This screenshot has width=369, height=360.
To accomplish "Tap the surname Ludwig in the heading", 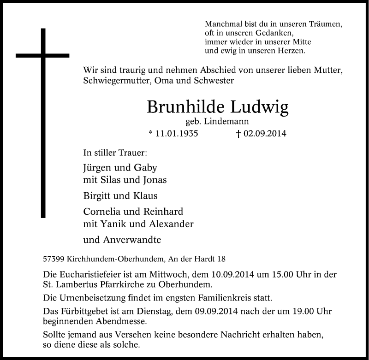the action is (264, 108).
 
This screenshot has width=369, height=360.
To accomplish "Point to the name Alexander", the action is (169, 224).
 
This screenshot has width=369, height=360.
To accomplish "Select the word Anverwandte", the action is (131, 240).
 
